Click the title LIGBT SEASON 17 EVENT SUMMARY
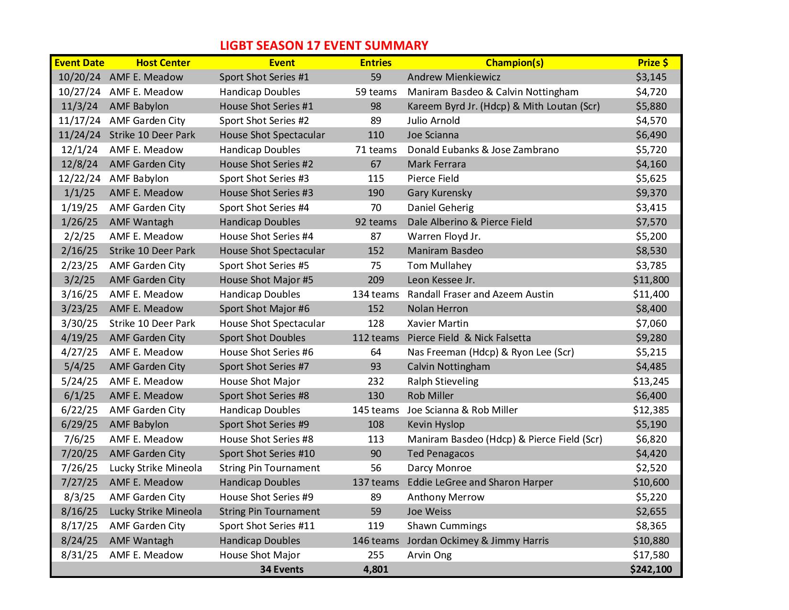coord(324,46)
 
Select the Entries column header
coord(375,63)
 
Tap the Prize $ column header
coord(652,63)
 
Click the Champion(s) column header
coord(514,63)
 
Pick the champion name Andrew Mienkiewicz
coord(454,77)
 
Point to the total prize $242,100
coord(651,569)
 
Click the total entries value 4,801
coord(375,569)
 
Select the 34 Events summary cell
coord(282,569)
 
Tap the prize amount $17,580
coord(651,555)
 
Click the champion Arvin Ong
coord(429,555)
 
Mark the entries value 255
coord(376,555)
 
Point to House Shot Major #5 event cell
coord(266,280)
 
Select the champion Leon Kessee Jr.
coord(441,280)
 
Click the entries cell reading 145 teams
coord(375,410)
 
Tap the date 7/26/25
coord(79,468)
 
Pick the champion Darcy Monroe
coord(439,468)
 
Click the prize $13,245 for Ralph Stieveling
coord(651,381)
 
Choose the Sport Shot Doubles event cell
coord(262,338)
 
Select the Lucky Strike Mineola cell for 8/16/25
coord(155,511)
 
